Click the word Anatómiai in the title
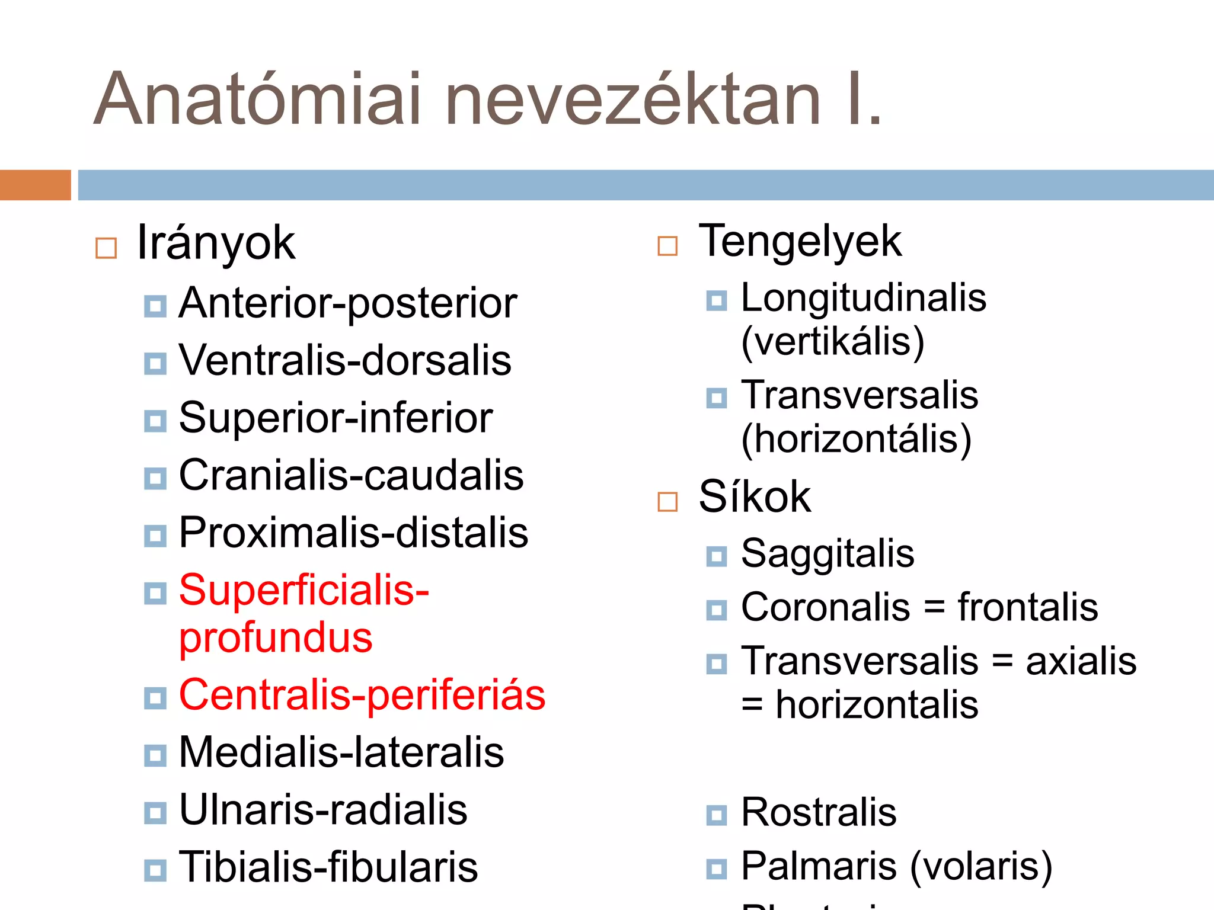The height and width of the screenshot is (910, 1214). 258,100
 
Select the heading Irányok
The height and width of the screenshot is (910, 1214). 216,243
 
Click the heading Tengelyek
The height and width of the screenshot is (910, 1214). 800,242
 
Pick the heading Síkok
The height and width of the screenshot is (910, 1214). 755,496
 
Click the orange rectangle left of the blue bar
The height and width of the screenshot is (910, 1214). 35,185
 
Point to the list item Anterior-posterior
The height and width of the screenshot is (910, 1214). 348,303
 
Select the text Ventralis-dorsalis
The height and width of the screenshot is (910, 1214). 345,360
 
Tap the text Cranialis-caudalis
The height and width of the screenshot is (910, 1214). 351,475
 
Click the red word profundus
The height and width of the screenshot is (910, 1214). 276,638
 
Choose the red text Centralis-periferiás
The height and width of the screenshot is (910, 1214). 362,695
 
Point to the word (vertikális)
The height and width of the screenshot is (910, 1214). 833,342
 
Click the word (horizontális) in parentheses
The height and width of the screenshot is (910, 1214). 857,440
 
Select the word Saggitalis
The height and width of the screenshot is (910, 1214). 828,554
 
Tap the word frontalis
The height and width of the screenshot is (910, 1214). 1028,607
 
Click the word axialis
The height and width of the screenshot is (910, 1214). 1081,661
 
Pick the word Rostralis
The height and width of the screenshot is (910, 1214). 819,812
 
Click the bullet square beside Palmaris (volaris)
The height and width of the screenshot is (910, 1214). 717,869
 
